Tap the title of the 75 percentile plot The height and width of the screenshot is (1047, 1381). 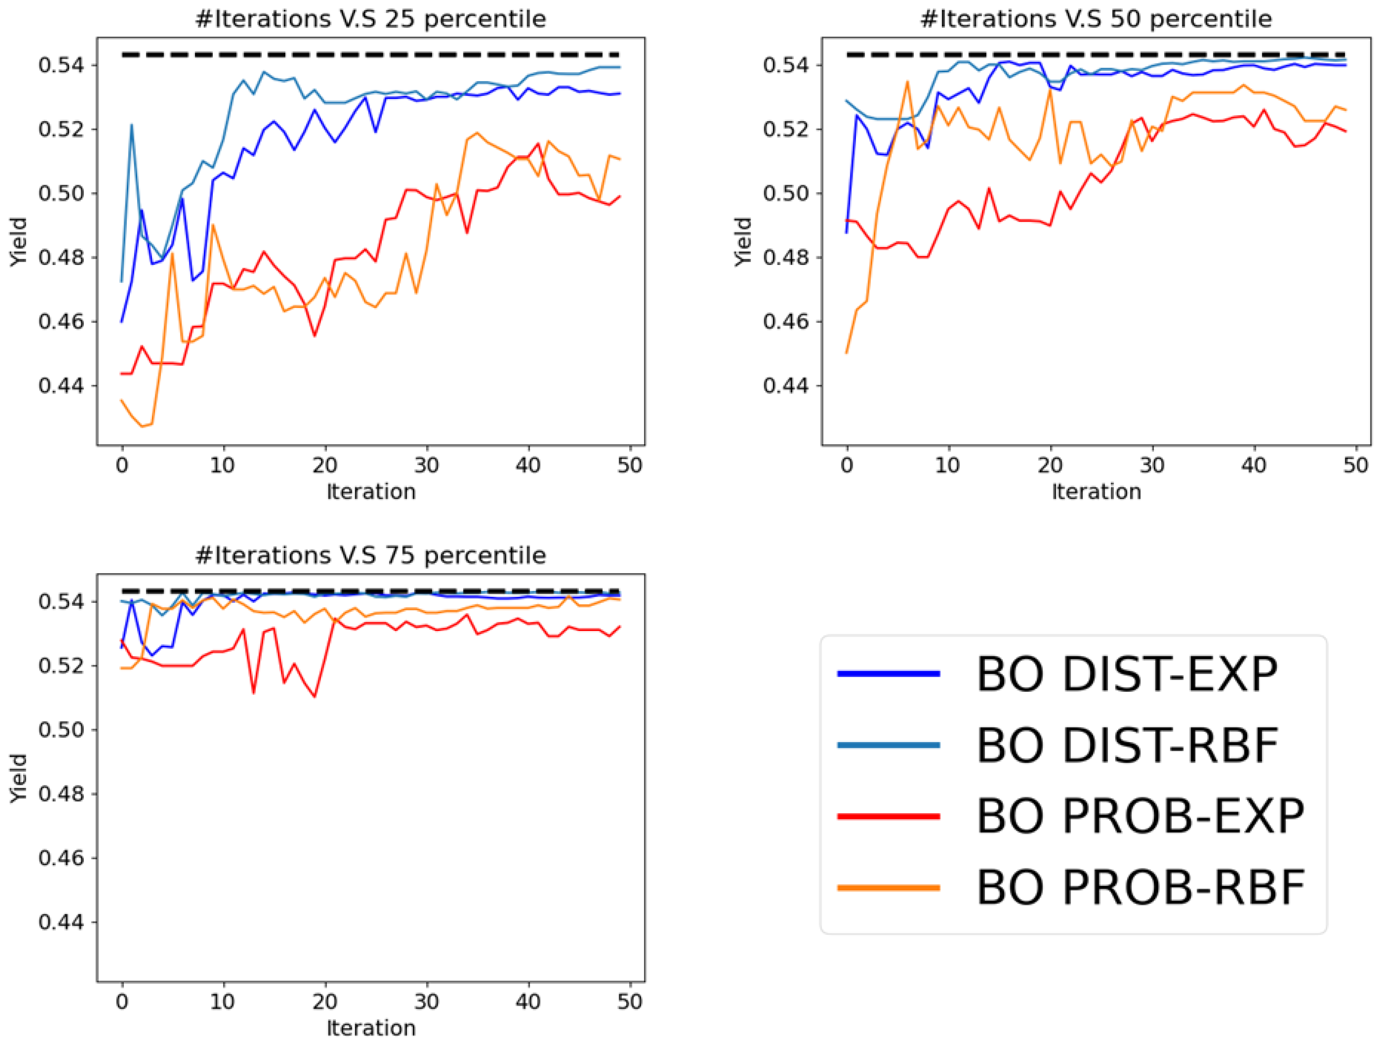click(x=371, y=555)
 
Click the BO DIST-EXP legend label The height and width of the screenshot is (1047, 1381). click(x=1127, y=674)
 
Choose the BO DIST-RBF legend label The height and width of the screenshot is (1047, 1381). click(x=1127, y=746)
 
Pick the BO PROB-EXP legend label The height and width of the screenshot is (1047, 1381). click(x=1141, y=816)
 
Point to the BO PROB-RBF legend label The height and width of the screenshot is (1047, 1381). click(x=1141, y=887)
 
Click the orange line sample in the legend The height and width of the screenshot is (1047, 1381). click(x=889, y=887)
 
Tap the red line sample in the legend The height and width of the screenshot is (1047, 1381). click(x=889, y=816)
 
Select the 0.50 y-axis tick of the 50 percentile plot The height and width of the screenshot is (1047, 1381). click(x=786, y=194)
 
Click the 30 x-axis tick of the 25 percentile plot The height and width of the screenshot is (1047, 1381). click(x=426, y=465)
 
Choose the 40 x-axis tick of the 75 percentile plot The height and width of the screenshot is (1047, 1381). click(x=528, y=1001)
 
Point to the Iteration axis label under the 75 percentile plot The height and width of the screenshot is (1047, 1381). click(x=371, y=1027)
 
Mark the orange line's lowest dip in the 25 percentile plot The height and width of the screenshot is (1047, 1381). click(x=142, y=426)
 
